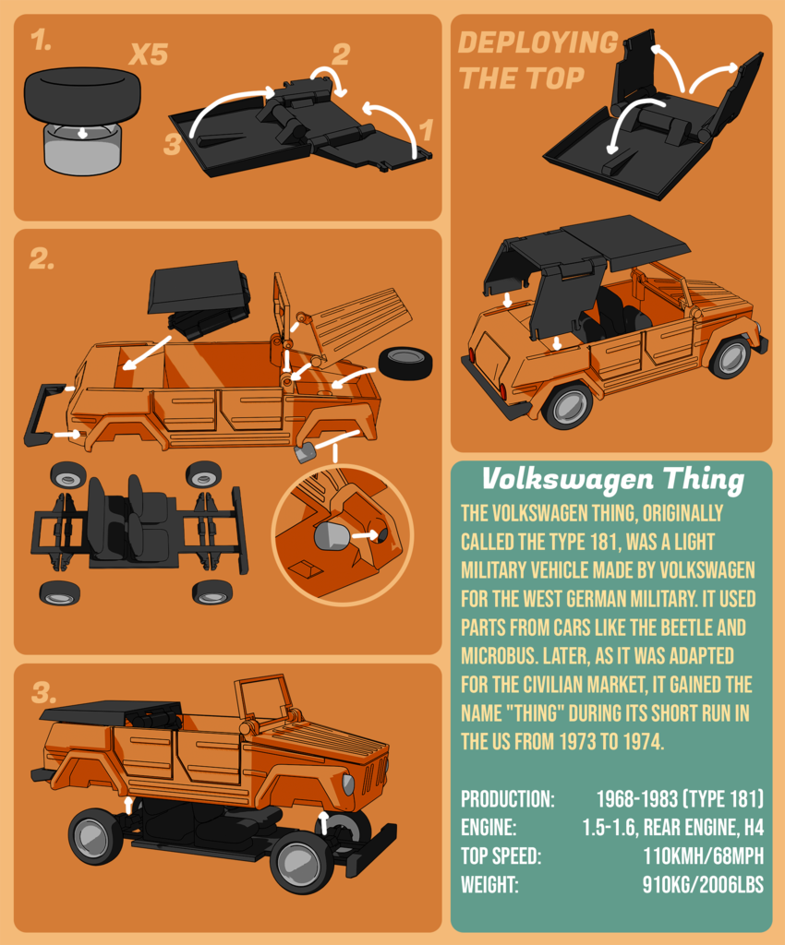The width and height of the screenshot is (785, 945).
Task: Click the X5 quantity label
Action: pyautogui.click(x=148, y=54)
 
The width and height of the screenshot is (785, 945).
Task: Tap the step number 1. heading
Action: pyautogui.click(x=41, y=40)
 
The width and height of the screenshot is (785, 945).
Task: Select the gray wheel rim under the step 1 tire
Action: pyautogui.click(x=82, y=151)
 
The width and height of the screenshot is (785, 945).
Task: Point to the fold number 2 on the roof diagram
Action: pyautogui.click(x=341, y=54)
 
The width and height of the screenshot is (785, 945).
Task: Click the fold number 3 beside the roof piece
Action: pyautogui.click(x=173, y=145)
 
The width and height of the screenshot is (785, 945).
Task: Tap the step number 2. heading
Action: pyautogui.click(x=42, y=259)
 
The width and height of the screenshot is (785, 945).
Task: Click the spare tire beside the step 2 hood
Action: pyautogui.click(x=405, y=363)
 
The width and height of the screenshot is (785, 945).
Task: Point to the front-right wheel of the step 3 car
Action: pyautogui.click(x=302, y=862)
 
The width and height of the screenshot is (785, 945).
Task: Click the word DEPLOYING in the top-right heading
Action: pyautogui.click(x=537, y=42)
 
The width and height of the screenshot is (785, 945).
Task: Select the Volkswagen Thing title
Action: pyautogui.click(x=612, y=479)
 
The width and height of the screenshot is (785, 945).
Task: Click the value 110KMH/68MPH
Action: pyautogui.click(x=704, y=855)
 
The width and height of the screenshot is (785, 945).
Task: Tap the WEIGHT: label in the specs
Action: pyautogui.click(x=489, y=884)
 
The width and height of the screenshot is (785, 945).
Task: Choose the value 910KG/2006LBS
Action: pyautogui.click(x=703, y=884)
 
